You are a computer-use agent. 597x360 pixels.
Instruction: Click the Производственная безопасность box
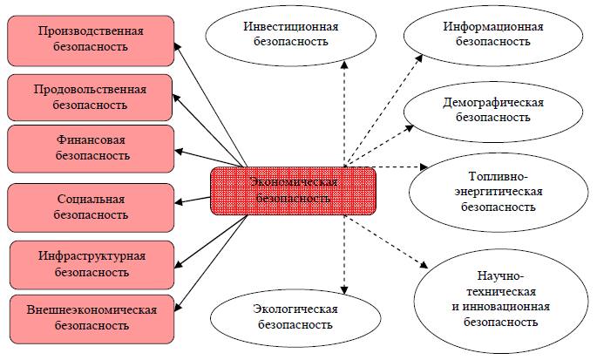pos(91,39)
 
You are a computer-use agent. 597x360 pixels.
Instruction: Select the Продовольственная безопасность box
pos(91,97)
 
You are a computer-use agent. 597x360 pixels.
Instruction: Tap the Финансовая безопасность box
pos(91,147)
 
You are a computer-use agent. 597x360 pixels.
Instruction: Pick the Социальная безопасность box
pos(91,206)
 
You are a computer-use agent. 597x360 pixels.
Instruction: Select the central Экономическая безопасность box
pos(292,190)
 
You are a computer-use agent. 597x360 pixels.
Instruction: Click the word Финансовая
pos(92,139)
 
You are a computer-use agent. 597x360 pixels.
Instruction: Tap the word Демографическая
pos(493,102)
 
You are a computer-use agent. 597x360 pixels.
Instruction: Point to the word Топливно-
pos(493,177)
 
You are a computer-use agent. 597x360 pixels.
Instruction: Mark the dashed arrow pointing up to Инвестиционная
pos(344,113)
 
